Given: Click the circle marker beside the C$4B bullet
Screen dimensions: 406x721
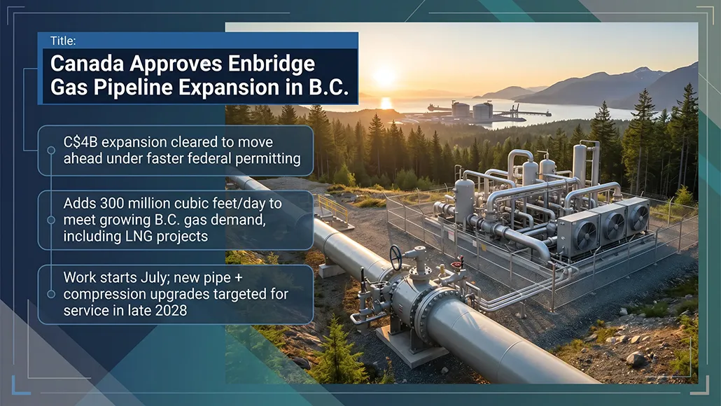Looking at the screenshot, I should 51,150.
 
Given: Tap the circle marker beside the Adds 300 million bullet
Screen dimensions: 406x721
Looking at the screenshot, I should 51,220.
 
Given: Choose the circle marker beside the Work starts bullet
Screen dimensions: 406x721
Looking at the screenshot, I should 51,294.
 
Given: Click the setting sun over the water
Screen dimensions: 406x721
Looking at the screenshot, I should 385,76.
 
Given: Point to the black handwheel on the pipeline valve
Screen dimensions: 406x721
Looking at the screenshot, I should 396,256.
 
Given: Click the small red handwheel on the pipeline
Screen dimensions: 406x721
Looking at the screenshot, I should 458,263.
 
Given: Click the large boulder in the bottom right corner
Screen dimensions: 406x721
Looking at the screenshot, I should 636,359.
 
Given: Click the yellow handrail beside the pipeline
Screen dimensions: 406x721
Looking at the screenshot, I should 332,207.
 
